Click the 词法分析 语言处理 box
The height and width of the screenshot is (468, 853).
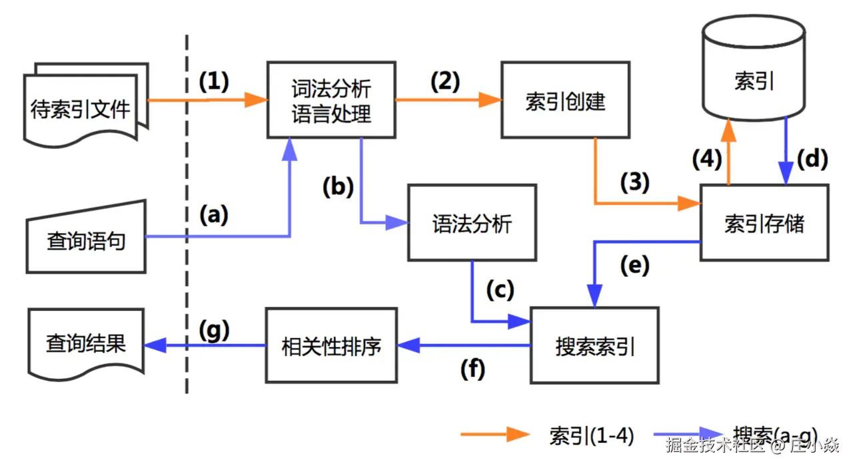coord(331,100)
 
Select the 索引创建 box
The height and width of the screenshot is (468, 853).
coord(566,100)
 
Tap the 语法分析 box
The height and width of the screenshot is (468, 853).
coord(472,223)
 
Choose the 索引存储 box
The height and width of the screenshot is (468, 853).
coord(764,223)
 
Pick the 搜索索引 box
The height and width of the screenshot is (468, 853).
coord(595,346)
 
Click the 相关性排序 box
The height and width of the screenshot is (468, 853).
coord(331,346)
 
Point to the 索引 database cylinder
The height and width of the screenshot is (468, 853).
coord(754,69)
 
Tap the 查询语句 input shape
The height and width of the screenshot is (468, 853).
coord(86,237)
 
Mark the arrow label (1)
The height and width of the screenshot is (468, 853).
coord(214,81)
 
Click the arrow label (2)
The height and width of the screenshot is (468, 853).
coord(445,81)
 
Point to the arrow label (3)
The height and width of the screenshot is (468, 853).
coord(635,182)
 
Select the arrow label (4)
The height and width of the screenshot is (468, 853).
coord(707,158)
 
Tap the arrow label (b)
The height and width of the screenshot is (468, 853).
coord(338,187)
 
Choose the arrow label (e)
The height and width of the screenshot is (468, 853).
coord(635,265)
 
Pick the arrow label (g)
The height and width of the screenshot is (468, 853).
coord(215,331)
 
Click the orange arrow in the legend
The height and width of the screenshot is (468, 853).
coord(495,434)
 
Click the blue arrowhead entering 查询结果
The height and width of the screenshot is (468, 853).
coord(155,345)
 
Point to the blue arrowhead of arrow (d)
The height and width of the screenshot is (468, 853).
coord(786,172)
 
